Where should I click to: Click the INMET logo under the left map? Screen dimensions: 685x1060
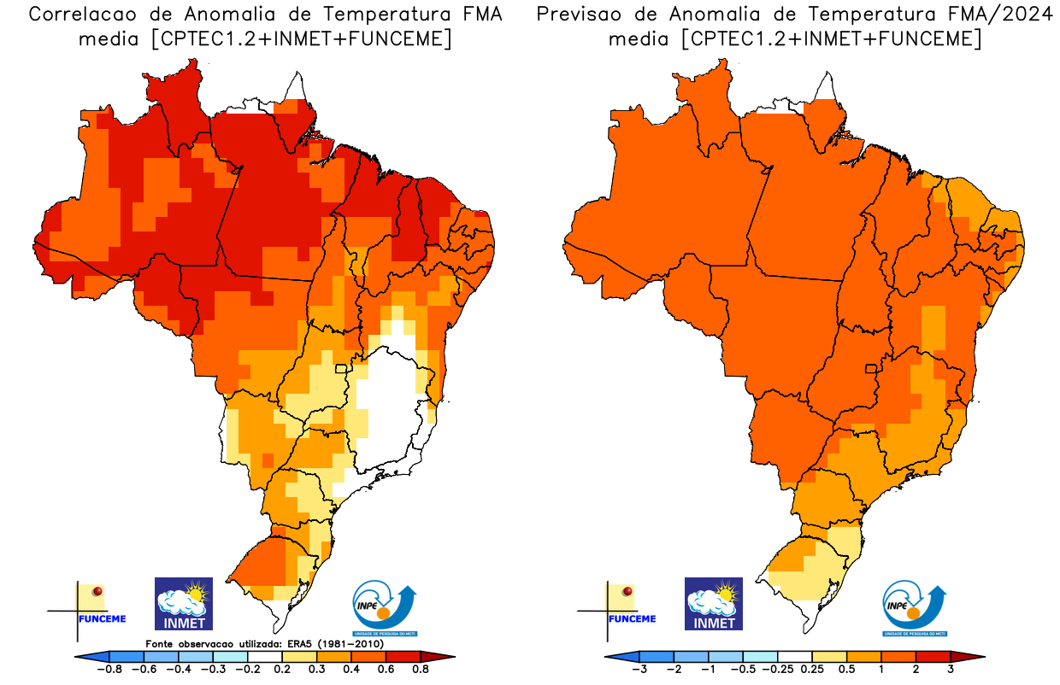183,604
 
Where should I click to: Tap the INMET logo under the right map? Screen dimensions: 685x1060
714,604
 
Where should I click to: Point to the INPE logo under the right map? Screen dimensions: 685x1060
915,608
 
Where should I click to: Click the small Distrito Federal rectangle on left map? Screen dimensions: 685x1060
342,369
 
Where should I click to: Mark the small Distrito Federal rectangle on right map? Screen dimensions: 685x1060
872,369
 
